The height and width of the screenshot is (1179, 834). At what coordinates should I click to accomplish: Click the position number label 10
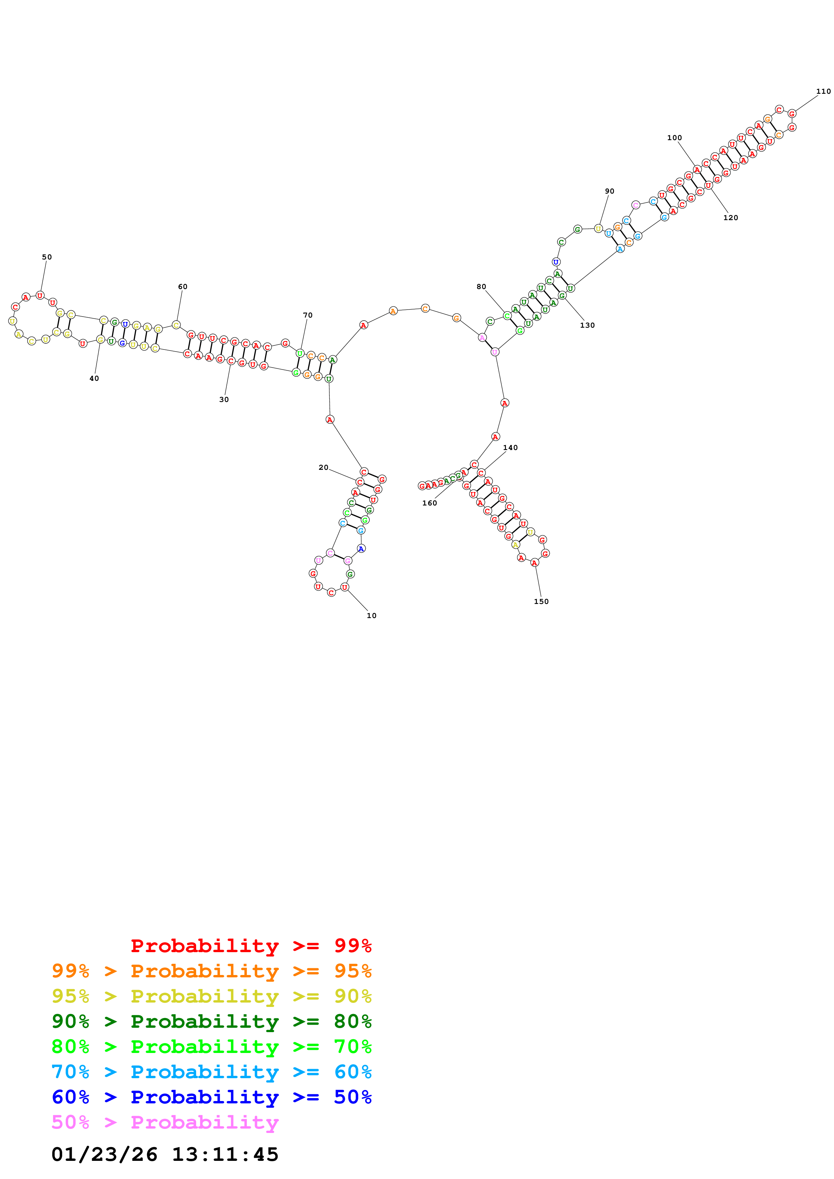[371, 616]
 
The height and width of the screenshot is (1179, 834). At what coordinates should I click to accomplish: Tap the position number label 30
[224, 400]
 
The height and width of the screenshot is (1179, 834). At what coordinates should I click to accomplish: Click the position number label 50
[47, 257]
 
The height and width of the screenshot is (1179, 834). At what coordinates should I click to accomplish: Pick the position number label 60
[182, 287]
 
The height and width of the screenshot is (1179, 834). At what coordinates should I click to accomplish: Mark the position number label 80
[481, 287]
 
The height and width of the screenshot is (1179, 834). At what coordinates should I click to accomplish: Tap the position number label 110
[823, 91]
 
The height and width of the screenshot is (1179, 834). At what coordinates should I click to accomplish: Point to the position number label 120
[730, 218]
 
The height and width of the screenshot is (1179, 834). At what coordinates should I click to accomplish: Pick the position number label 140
[510, 448]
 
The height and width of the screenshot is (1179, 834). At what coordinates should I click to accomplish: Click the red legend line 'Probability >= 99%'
[251, 946]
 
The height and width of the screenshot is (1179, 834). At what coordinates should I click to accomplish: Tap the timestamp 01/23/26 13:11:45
[165, 1154]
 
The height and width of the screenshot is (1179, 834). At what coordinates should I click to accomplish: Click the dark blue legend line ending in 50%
[212, 1097]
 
